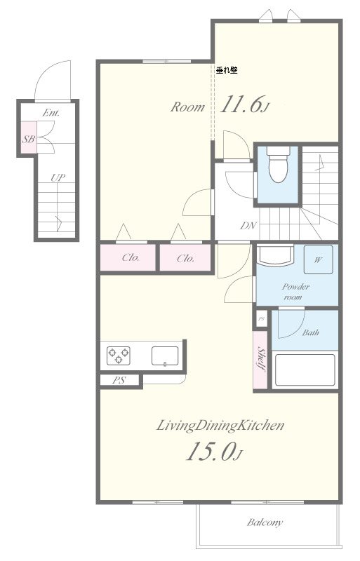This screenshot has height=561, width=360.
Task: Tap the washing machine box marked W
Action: (318, 259)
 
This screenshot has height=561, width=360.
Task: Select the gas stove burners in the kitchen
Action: (118, 356)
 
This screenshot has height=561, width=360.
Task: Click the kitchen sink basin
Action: (165, 356)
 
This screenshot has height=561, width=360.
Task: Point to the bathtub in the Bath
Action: (305, 370)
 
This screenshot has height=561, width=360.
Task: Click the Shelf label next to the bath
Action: (261, 359)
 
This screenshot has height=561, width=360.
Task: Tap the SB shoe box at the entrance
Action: (28, 137)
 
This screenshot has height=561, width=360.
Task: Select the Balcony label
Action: (265, 522)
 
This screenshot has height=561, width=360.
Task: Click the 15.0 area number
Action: (214, 451)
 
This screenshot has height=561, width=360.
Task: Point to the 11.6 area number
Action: (244, 104)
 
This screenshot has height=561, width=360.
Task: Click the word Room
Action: (187, 107)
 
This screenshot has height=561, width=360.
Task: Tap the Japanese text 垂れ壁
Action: (227, 70)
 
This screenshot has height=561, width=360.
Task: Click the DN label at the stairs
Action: (248, 225)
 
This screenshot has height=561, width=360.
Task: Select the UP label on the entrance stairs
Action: (58, 177)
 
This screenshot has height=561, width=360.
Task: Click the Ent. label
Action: (51, 113)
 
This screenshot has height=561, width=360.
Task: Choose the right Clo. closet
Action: (185, 257)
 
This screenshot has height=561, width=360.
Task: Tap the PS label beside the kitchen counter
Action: (119, 380)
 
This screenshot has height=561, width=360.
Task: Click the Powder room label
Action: (295, 292)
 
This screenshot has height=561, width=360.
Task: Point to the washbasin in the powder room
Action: (275, 255)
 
